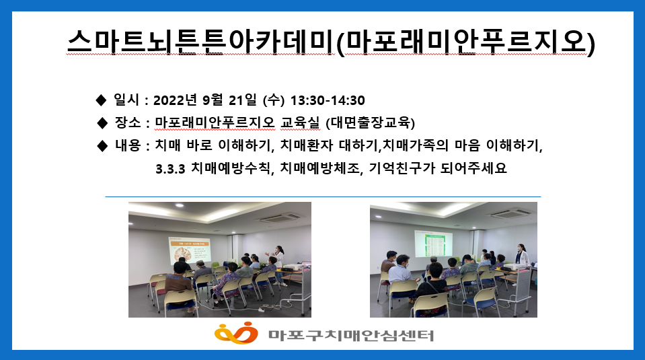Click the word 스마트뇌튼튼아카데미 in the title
(x=201, y=42)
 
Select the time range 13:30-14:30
(x=328, y=100)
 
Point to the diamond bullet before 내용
(x=102, y=145)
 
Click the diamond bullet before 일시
(x=101, y=100)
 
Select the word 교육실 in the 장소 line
(x=300, y=122)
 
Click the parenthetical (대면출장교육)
(x=370, y=122)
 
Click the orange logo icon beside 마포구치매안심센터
(x=236, y=333)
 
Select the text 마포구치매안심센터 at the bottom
(x=351, y=335)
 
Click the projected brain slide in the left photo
(x=190, y=250)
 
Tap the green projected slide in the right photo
(x=433, y=244)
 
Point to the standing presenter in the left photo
(x=279, y=263)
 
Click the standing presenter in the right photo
(x=522, y=254)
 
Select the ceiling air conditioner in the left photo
(x=280, y=217)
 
